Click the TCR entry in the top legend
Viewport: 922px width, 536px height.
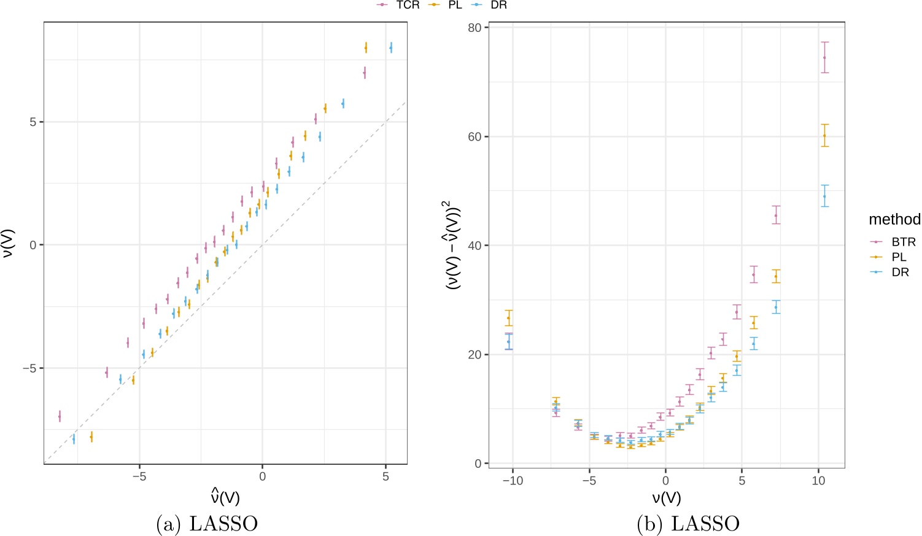click(407, 5)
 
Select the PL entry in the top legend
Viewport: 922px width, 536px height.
click(454, 5)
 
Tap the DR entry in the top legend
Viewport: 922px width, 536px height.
click(498, 5)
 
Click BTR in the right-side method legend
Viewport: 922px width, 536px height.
click(903, 242)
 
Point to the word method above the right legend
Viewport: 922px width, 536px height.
click(894, 219)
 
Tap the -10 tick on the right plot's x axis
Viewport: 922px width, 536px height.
click(513, 481)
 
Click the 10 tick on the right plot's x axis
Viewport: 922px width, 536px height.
click(818, 481)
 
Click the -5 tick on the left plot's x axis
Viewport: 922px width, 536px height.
click(139, 477)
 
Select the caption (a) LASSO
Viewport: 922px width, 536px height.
click(207, 524)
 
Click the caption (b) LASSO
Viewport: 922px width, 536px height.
click(688, 524)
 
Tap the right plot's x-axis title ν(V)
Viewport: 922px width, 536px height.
click(666, 497)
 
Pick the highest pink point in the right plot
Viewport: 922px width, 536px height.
click(824, 58)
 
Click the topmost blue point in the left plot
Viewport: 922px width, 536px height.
click(391, 48)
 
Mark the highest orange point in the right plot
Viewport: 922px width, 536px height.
click(824, 136)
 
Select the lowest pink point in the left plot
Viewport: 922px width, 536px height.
click(60, 416)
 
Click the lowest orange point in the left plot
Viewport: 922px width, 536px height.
click(91, 437)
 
